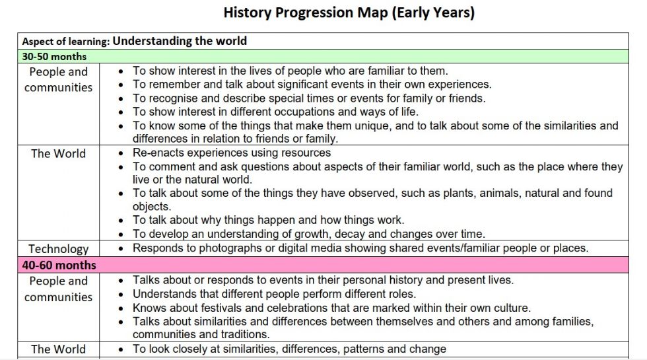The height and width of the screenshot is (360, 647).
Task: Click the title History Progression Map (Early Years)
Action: [x=349, y=13]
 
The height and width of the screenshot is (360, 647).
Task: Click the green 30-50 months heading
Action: [x=54, y=57]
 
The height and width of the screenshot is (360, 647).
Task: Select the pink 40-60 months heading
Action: [x=59, y=265]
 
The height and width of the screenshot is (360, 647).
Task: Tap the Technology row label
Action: [x=59, y=249]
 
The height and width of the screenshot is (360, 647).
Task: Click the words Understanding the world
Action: [x=180, y=41]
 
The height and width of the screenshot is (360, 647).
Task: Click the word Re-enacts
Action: [x=158, y=153]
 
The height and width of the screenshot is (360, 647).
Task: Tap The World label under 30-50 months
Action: [x=59, y=153]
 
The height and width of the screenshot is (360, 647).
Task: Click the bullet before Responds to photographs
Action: [x=120, y=248]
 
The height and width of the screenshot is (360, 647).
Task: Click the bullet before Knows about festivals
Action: [x=120, y=308]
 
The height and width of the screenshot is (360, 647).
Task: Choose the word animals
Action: [x=498, y=193]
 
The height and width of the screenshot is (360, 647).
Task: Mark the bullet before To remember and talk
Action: [x=120, y=85]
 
